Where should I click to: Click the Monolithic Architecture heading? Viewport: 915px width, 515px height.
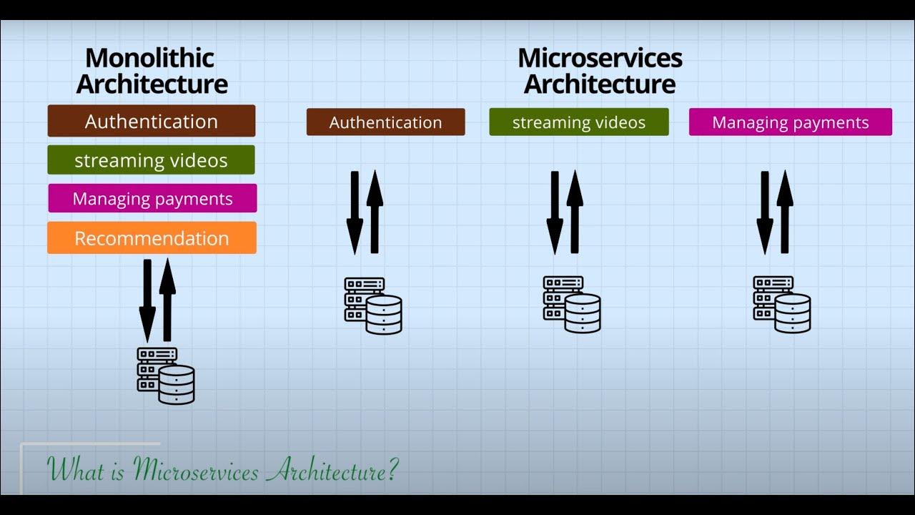tap(152, 71)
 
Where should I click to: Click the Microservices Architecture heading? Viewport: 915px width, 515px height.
tap(600, 71)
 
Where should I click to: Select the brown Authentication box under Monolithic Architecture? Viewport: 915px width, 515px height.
tap(152, 121)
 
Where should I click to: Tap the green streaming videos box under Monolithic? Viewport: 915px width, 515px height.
tap(152, 160)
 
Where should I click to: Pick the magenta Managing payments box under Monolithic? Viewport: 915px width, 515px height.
tap(152, 198)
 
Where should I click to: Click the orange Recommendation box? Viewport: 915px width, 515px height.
tap(152, 238)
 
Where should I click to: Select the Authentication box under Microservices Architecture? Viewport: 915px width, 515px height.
tap(385, 122)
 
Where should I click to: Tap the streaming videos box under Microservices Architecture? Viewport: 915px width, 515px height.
tap(579, 122)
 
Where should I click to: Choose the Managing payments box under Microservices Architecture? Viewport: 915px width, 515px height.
tap(790, 122)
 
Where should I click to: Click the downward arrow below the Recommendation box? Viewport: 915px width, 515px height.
tap(147, 300)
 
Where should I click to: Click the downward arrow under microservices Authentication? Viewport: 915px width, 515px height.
tap(355, 212)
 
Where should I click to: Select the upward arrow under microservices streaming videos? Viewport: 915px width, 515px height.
tap(575, 212)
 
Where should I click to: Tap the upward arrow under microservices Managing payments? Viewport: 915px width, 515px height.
tap(785, 212)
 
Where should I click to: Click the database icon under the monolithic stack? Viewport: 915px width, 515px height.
tap(166, 376)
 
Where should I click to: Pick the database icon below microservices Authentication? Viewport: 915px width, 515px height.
tap(373, 305)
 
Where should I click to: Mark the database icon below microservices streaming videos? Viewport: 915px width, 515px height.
tap(572, 305)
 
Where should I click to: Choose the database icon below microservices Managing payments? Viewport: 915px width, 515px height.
tap(782, 305)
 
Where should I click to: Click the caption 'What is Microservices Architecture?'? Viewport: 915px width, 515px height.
tap(222, 470)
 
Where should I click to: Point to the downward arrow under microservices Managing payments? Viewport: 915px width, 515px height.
tap(765, 212)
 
